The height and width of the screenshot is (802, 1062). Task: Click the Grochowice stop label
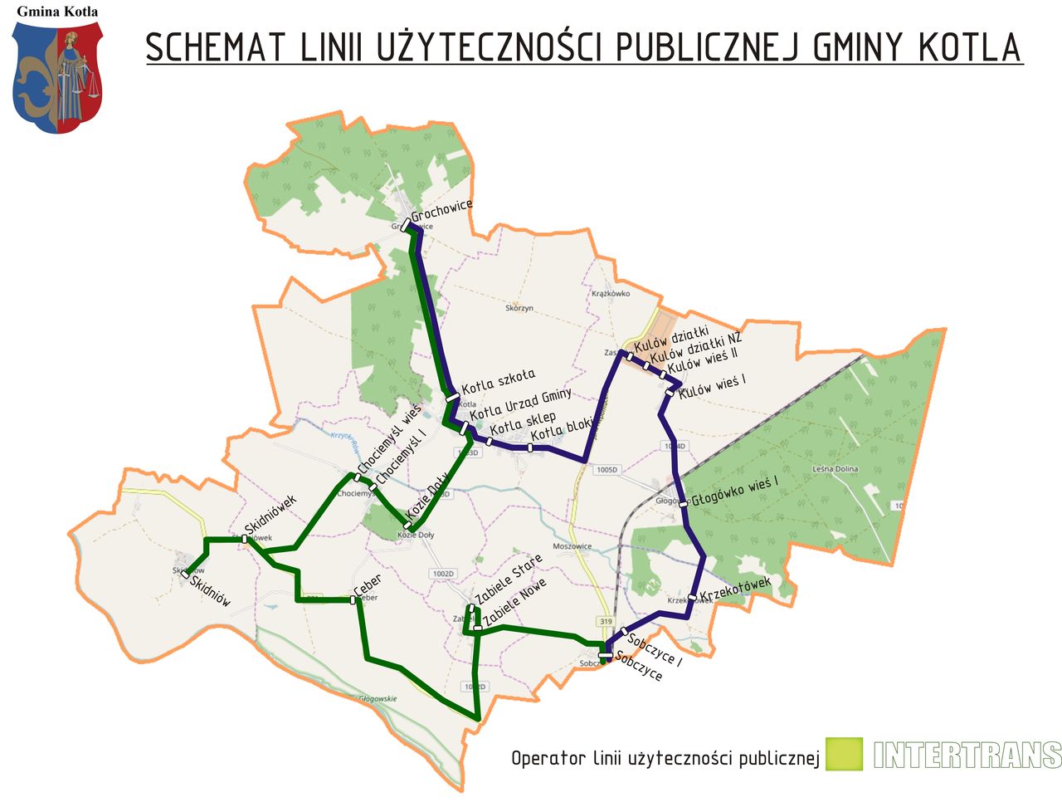click(441, 211)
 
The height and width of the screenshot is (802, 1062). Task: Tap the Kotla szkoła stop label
click(499, 382)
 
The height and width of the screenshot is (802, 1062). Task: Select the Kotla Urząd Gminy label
click(521, 404)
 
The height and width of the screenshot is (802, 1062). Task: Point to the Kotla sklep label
click(523, 425)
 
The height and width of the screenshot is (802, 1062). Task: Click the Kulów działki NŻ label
click(696, 347)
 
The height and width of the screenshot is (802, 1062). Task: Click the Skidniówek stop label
click(270, 516)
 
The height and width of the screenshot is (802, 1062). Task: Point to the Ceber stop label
click(367, 584)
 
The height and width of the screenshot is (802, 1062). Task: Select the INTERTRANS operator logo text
click(967, 755)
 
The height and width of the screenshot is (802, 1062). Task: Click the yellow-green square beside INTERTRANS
click(844, 754)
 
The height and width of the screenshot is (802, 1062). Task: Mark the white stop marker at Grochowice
click(405, 224)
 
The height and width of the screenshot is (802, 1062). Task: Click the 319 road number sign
click(606, 622)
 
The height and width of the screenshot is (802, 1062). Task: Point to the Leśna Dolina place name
click(835, 469)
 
